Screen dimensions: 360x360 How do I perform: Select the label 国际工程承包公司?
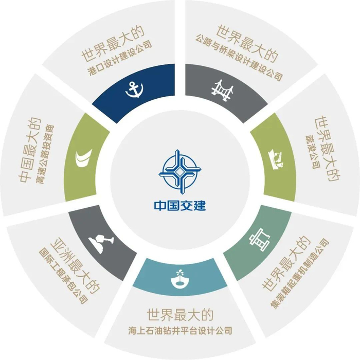pos(64,277)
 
